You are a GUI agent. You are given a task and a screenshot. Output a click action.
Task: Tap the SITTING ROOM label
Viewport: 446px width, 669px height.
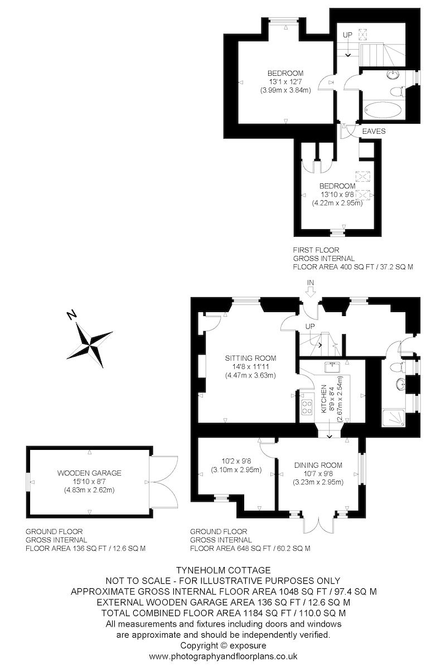[x=250, y=358]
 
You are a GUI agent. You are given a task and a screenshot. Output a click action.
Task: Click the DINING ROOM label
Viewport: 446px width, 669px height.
[x=318, y=465]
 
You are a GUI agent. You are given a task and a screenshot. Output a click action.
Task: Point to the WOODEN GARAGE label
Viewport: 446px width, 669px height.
[x=89, y=473]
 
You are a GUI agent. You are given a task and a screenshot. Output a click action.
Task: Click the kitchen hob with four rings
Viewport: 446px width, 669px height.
[x=307, y=407]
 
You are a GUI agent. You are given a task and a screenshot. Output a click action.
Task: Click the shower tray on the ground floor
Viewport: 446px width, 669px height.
[x=395, y=416]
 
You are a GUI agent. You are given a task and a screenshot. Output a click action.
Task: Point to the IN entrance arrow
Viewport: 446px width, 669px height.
[x=311, y=288]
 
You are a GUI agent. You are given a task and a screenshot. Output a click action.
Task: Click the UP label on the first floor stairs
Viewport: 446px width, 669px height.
[x=348, y=35]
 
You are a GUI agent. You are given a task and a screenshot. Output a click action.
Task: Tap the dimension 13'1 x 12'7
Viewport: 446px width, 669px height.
[x=285, y=82]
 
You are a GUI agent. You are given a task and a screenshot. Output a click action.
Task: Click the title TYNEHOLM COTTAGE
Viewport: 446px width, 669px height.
[x=224, y=570]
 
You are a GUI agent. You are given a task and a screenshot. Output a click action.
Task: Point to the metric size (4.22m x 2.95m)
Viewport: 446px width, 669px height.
[x=337, y=203]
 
